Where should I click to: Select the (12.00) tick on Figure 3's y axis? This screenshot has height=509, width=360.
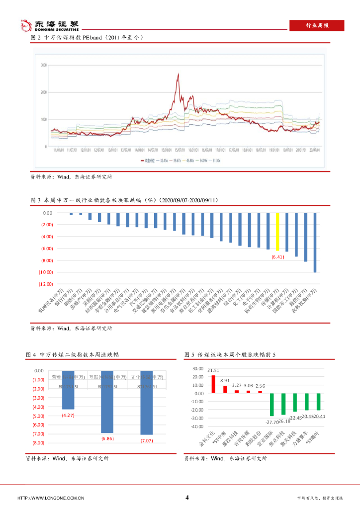(x=46, y=284)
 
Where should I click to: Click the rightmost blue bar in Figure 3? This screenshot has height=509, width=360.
(x=315, y=243)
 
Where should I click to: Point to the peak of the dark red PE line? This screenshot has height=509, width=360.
(x=178, y=75)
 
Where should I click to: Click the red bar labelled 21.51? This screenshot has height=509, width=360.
(x=213, y=384)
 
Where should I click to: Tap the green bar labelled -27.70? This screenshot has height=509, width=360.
(x=272, y=405)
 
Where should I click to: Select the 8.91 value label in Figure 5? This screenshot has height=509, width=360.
(x=225, y=381)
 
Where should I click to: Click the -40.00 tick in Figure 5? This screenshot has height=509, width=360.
(x=197, y=426)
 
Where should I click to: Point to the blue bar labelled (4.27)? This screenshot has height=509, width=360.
(x=68, y=390)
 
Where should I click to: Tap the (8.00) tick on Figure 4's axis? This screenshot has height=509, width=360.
(x=38, y=443)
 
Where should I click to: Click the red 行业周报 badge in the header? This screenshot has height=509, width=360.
(x=317, y=25)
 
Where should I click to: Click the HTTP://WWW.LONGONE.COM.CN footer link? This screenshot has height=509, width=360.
(x=51, y=498)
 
